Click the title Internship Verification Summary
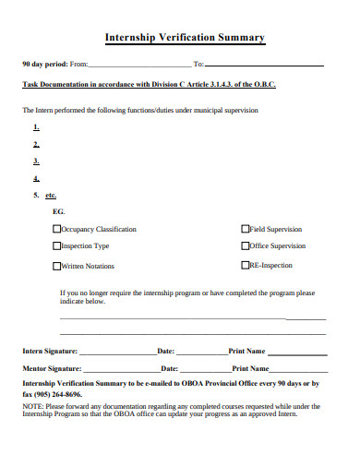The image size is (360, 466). click(185, 38)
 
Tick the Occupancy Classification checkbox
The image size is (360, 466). click(57, 229)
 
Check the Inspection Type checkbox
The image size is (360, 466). click(57, 246)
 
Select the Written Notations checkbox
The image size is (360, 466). click(57, 266)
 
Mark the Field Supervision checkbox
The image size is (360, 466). click(245, 229)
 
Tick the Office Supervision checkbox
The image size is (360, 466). click(245, 246)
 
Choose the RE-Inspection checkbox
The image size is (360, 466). click(245, 266)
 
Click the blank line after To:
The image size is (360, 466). click(264, 66)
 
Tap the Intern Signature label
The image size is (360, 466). click(50, 352)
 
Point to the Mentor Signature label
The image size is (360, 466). click(52, 367)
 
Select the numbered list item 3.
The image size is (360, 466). click(36, 161)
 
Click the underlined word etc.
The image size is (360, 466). click(51, 196)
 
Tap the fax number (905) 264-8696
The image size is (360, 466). click(58, 393)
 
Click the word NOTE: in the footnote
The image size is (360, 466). click(32, 406)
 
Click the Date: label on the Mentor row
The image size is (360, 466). click(166, 367)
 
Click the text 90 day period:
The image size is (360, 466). click(44, 66)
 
